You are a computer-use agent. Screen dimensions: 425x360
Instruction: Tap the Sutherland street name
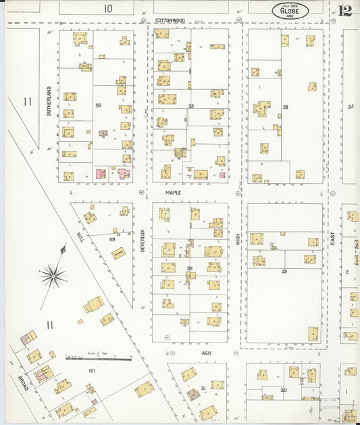pyautogui.click(x=49, y=101)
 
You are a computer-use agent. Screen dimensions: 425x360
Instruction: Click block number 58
pyautogui.click(x=98, y=105)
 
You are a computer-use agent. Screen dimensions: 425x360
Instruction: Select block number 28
pyautogui.click(x=285, y=107)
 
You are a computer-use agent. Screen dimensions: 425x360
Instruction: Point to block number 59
pyautogui.click(x=113, y=238)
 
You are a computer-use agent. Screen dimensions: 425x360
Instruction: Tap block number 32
pyautogui.click(x=190, y=268)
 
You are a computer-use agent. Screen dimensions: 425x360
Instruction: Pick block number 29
pyautogui.click(x=284, y=270)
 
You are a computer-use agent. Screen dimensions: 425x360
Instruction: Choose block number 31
pyautogui.click(x=203, y=388)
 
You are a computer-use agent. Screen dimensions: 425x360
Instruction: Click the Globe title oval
pyautogui.click(x=291, y=10)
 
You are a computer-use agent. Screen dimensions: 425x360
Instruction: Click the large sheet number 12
pyautogui.click(x=344, y=10)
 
